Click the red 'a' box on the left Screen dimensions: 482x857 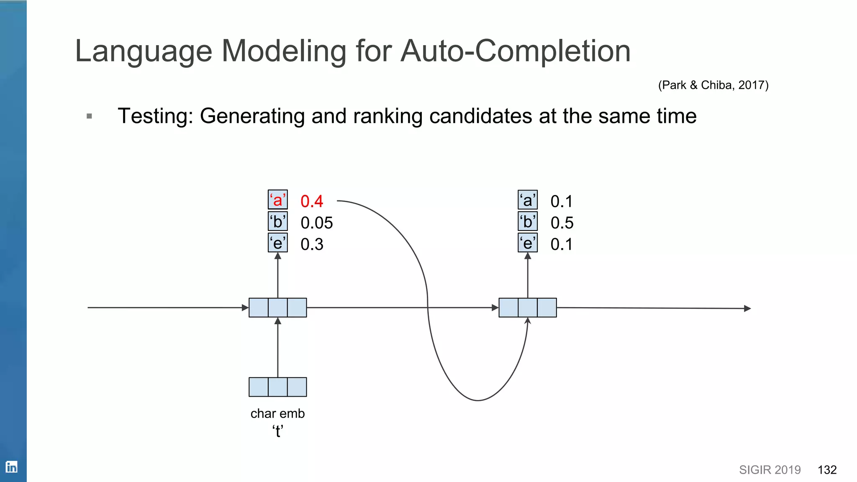tap(277, 200)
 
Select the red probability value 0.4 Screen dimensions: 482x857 tap(312, 202)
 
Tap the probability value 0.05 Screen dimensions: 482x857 tap(316, 223)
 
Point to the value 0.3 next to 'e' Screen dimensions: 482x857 tap(312, 244)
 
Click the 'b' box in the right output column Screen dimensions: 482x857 tap(528, 222)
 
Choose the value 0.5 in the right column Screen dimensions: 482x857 tap(562, 223)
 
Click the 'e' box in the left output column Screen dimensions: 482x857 tap(277, 243)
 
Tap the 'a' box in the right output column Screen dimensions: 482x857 tap(528, 200)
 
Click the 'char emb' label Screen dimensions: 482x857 tap(277, 413)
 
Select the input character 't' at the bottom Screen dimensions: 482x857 tap(277, 431)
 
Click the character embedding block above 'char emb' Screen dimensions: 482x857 tap(277, 387)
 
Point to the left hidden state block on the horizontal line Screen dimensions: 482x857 tap(277, 308)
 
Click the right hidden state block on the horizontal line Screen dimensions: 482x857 tap(528, 308)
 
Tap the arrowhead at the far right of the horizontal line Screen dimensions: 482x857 tap(747, 308)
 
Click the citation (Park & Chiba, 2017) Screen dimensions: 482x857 tap(713, 85)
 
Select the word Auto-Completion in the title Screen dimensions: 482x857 tap(515, 51)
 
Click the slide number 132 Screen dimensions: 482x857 tap(827, 470)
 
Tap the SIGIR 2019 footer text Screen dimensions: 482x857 tap(770, 470)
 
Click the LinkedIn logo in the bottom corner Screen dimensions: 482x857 tap(11, 467)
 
